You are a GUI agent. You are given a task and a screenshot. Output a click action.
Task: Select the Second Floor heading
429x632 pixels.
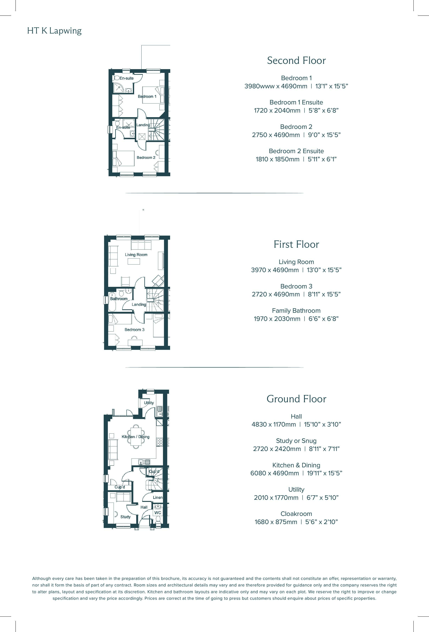click(296, 60)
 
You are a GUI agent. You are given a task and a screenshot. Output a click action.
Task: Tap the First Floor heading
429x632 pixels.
click(296, 244)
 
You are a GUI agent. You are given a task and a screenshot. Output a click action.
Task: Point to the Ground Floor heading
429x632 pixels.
click(296, 399)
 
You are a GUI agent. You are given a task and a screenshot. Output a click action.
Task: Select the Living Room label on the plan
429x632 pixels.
click(136, 255)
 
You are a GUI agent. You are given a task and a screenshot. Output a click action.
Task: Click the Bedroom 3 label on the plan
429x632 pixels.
click(134, 330)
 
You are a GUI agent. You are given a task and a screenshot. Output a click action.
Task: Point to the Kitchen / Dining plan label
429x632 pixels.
click(135, 437)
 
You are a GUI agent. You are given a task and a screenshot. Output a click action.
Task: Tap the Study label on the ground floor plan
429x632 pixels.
click(125, 517)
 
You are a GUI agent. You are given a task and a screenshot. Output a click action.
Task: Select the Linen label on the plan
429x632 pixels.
click(158, 497)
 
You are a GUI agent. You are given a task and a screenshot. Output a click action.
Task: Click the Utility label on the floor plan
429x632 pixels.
click(149, 403)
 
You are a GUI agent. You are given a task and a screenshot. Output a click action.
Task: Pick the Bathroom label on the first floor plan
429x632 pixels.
click(119, 299)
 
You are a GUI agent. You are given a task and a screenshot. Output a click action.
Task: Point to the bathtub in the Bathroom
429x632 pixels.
click(112, 302)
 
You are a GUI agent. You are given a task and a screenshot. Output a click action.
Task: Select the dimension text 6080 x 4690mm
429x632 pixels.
click(275, 473)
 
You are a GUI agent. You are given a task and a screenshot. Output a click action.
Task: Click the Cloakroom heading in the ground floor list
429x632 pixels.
click(296, 514)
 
